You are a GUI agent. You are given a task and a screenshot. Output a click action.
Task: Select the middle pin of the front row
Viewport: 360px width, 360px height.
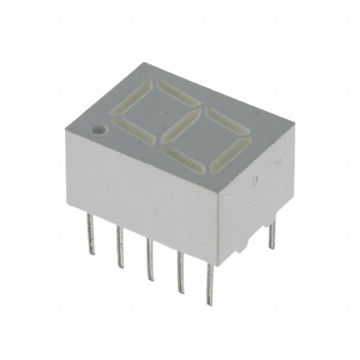pyautogui.click(x=149, y=259)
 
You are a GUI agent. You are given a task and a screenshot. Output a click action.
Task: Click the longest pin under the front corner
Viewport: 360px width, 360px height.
pyautogui.click(x=210, y=284)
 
